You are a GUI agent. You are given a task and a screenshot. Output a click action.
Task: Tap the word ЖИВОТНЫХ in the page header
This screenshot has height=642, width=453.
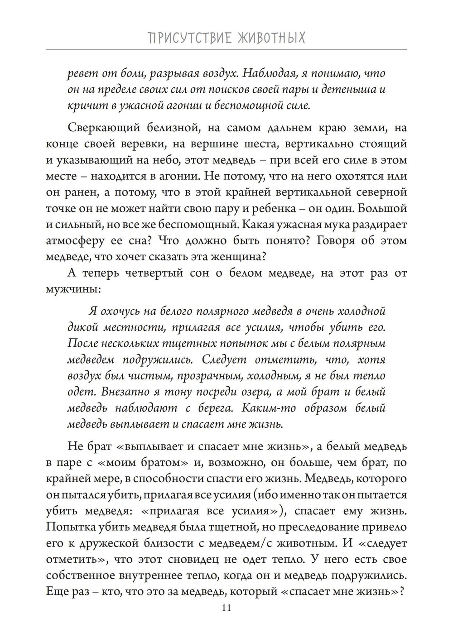pyautogui.click(x=271, y=38)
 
